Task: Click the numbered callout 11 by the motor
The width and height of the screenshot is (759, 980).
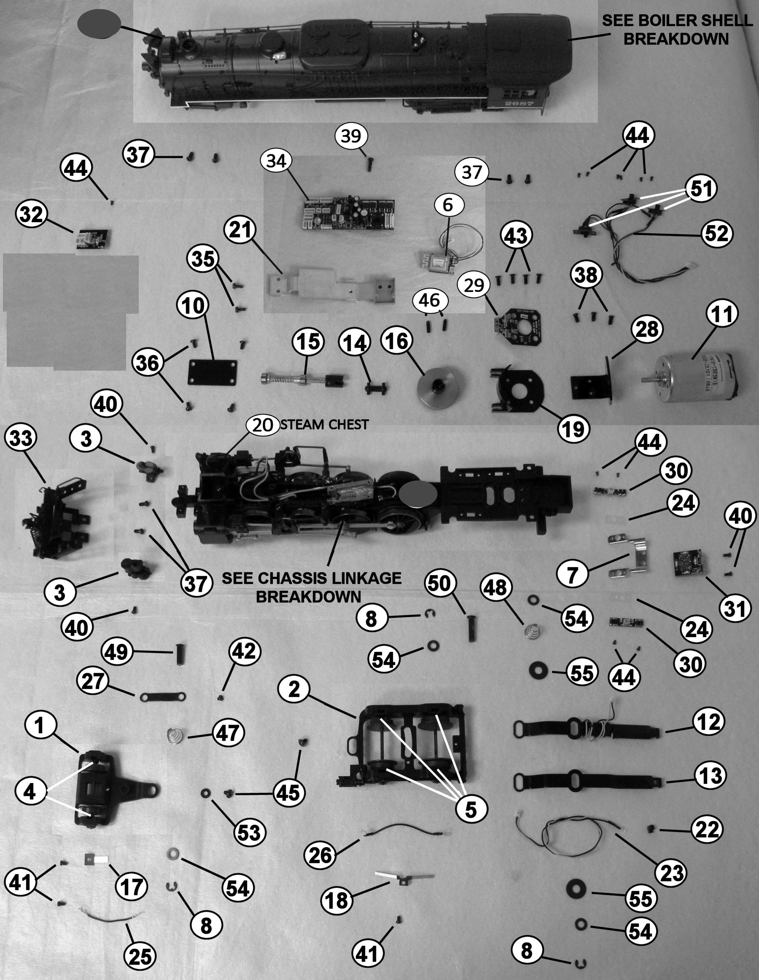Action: coord(722,314)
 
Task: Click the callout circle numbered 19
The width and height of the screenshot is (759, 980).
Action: coord(574,429)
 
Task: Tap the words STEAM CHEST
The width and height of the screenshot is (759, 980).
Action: coord(324,424)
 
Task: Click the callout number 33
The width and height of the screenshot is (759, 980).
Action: coord(21,438)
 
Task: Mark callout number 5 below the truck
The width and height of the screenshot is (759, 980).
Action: coord(471,809)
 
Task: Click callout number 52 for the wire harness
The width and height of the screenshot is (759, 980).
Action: coord(716,233)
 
